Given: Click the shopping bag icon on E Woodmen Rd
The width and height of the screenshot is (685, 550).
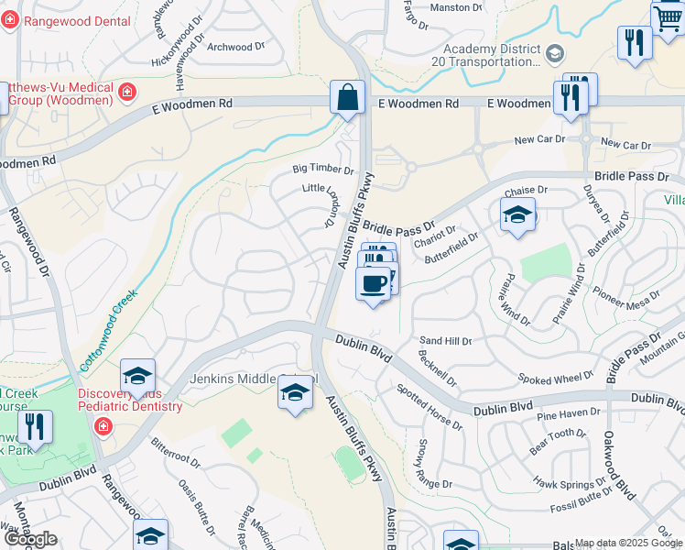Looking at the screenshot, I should pyautogui.click(x=348, y=98).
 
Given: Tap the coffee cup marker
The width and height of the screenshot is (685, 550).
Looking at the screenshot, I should pyautogui.click(x=372, y=285).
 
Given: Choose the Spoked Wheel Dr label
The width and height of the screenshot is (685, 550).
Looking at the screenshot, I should pyautogui.click(x=555, y=379).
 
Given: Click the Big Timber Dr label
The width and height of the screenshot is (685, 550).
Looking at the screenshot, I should pyautogui.click(x=322, y=170).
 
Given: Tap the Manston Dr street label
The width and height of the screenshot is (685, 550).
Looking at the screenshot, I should pyautogui.click(x=456, y=7).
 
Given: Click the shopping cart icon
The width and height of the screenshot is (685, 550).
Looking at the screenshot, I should pyautogui.click(x=668, y=17).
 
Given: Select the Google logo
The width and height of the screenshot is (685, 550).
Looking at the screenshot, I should pyautogui.click(x=30, y=539).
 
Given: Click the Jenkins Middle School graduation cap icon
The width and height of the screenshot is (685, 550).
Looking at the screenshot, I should pyautogui.click(x=294, y=393).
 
